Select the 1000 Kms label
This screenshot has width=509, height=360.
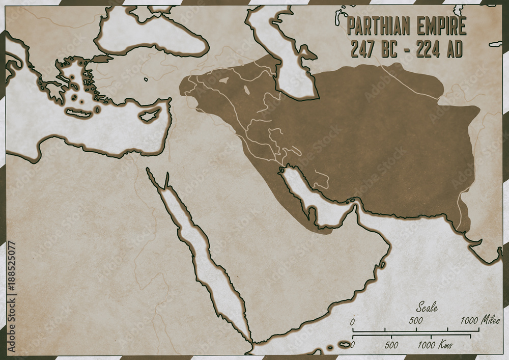coord(434,345)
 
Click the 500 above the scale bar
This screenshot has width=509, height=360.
coord(416,321)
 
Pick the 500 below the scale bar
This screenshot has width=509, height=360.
coord(391,345)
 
